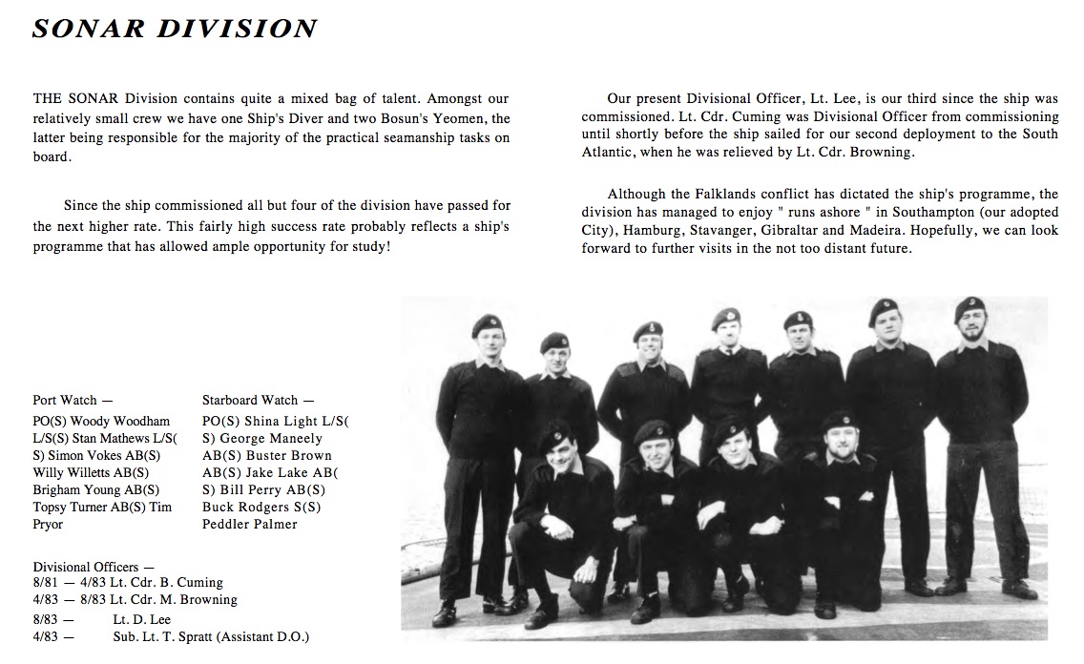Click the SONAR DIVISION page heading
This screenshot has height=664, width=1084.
click(175, 30)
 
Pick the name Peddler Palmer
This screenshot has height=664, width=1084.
click(250, 524)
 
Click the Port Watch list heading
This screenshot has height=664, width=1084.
click(73, 400)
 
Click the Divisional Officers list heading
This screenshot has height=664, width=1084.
click(94, 567)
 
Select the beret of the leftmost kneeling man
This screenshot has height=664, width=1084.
click(554, 438)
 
